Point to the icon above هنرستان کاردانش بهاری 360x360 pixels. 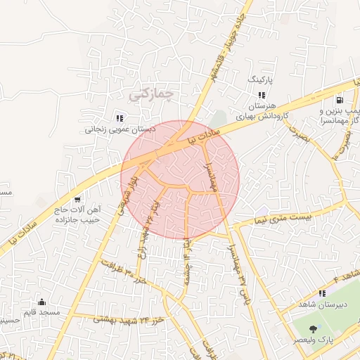click(262, 95)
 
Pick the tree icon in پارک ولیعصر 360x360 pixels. click(311, 329)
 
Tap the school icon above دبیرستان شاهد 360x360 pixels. click(322, 293)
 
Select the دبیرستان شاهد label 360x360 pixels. click(323, 305)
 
